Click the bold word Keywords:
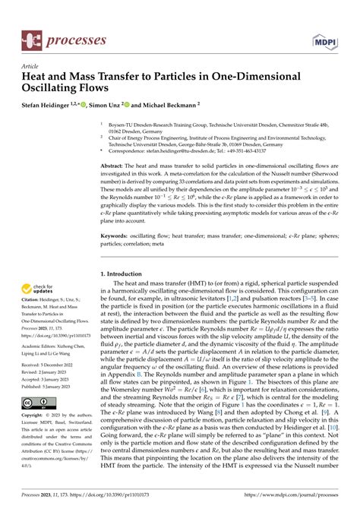point(118,236)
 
